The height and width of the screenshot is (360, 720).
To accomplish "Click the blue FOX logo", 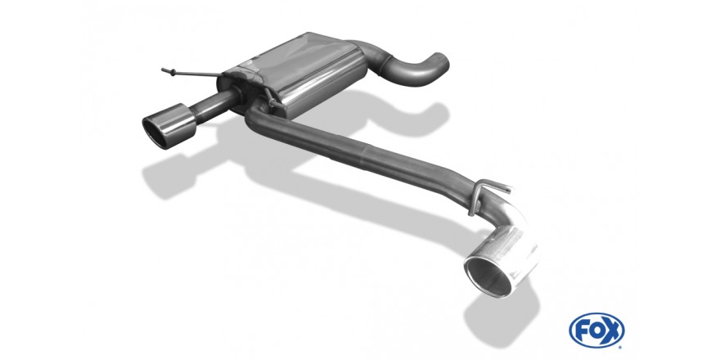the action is pyautogui.click(x=596, y=331).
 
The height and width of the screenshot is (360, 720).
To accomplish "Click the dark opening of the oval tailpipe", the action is pyautogui.click(x=155, y=132).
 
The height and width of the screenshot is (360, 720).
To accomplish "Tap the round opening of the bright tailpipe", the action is pyautogui.click(x=488, y=275).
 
